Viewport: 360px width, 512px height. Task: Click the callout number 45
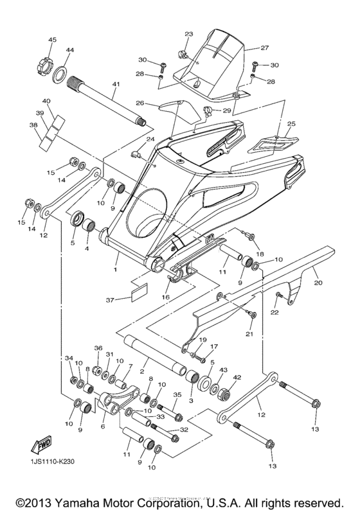pos(52,40)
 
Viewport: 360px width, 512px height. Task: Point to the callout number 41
pos(116,84)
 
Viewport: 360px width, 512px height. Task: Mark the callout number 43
pos(223,371)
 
